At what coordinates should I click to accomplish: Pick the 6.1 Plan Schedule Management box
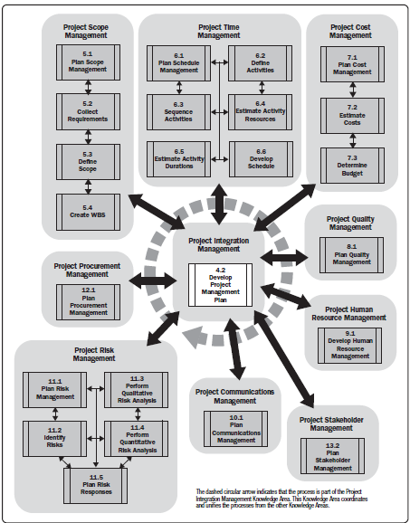[x=178, y=62]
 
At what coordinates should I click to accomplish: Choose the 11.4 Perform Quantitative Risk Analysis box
[x=137, y=438]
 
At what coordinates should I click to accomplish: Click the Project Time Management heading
[x=217, y=29]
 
